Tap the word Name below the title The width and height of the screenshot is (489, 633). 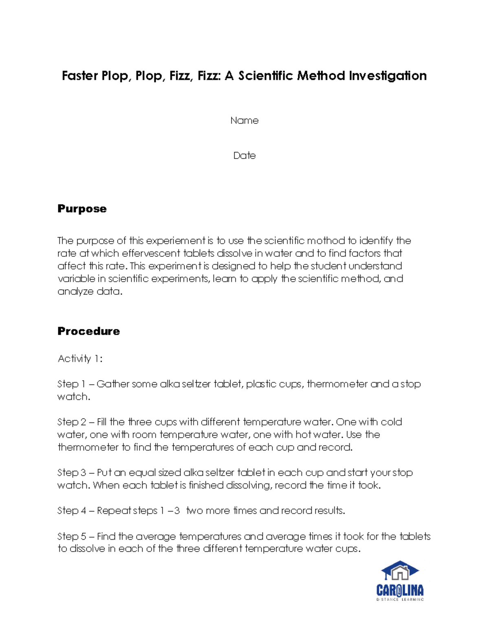244,121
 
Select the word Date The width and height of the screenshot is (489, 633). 244,156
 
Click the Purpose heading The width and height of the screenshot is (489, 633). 82,209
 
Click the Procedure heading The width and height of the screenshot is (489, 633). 88,331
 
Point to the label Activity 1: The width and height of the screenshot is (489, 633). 80,359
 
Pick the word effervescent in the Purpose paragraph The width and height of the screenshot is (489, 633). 151,254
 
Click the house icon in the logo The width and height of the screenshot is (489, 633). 400,571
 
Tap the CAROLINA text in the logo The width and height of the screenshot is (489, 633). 400,590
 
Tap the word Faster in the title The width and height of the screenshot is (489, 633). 80,76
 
